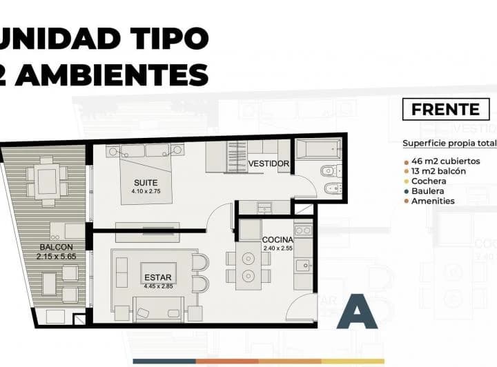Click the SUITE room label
click(x=146, y=183)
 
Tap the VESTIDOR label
click(x=269, y=163)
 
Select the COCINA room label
click(x=277, y=240)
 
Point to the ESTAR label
click(x=158, y=277)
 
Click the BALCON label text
click(x=57, y=247)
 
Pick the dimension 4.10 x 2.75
click(x=146, y=191)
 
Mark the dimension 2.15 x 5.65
click(x=57, y=257)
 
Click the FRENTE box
click(x=446, y=110)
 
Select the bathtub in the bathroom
click(x=318, y=149)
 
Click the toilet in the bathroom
click(x=331, y=171)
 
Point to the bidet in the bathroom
click(x=333, y=189)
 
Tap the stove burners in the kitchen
click(x=303, y=230)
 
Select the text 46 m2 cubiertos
click(x=446, y=161)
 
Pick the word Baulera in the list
click(x=427, y=191)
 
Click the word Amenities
click(x=433, y=201)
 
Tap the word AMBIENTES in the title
click(x=112, y=75)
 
